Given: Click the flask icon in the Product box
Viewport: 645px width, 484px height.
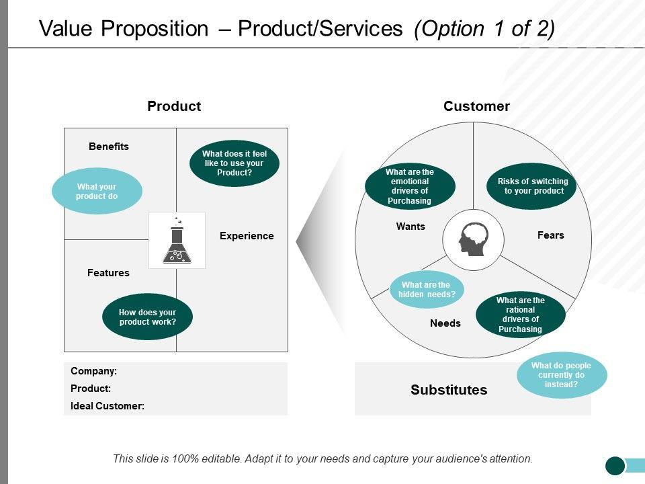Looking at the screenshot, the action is (x=177, y=241).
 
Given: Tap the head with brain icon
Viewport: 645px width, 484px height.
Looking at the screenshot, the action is (x=474, y=239).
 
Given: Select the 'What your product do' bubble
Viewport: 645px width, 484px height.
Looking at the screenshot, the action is (x=97, y=191).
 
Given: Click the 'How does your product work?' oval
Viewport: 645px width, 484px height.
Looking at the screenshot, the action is (x=147, y=317).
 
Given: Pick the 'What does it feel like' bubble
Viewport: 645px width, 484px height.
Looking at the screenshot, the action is (x=234, y=163).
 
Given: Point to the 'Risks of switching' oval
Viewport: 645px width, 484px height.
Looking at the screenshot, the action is (x=531, y=186).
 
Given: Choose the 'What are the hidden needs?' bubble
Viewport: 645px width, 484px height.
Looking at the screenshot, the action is (x=427, y=289).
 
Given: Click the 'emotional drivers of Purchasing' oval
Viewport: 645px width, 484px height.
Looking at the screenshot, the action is (x=410, y=186).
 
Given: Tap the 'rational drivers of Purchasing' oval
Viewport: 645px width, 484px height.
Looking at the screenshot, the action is (x=521, y=315).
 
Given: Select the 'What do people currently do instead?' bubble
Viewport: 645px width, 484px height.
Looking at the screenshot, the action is (x=562, y=375).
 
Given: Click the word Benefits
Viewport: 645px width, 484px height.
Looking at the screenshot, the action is (x=109, y=147).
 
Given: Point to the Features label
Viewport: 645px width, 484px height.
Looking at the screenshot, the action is (x=108, y=273).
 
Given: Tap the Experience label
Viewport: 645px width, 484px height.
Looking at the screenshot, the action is (x=247, y=236).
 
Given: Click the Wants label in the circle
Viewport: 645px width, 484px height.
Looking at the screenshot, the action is (x=411, y=227).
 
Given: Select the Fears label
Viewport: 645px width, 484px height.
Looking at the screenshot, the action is (x=551, y=235).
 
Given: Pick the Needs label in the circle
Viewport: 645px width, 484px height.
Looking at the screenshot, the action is (x=445, y=323).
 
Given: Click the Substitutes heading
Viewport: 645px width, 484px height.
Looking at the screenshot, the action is (x=449, y=390).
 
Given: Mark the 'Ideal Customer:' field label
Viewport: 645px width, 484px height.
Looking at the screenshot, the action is (x=107, y=406).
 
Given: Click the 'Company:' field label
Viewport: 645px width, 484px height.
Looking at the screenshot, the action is (x=94, y=371).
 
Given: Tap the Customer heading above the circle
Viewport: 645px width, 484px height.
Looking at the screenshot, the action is (x=476, y=106).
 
